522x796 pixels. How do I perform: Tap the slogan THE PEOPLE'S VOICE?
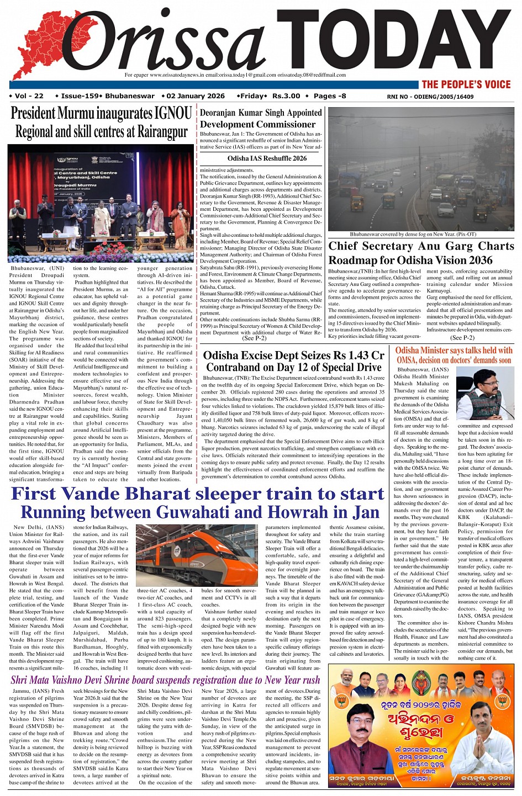point(466,84)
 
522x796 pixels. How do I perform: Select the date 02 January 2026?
point(196,96)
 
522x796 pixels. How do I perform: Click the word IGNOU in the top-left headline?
point(173,114)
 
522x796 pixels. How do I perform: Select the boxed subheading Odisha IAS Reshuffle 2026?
point(267,158)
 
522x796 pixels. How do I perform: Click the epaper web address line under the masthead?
point(235,75)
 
